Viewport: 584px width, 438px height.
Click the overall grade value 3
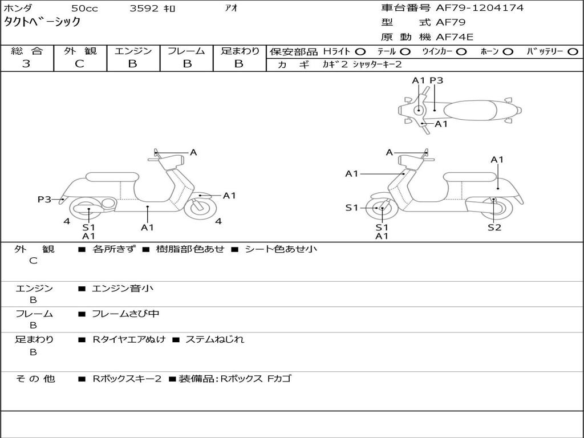tap(26, 64)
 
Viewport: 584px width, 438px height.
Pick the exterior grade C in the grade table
tap(79, 64)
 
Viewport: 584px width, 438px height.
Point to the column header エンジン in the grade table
tap(133, 51)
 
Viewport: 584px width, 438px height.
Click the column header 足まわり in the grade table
tap(240, 51)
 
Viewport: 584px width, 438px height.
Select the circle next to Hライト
tap(360, 52)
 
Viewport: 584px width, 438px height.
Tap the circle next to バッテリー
tap(573, 52)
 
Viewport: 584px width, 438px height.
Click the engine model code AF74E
tap(455, 38)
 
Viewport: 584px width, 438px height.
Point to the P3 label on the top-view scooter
tap(436, 80)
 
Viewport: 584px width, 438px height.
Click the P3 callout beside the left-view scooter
tap(44, 200)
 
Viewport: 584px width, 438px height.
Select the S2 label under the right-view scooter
tap(494, 228)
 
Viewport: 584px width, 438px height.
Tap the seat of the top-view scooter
tap(473, 109)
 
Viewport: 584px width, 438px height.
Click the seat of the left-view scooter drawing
tap(111, 176)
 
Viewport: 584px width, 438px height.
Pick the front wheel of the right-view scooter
tap(380, 209)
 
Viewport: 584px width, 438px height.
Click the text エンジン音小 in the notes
tap(123, 289)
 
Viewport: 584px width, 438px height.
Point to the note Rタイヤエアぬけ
tap(129, 339)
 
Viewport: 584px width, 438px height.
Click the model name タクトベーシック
tap(42, 22)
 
